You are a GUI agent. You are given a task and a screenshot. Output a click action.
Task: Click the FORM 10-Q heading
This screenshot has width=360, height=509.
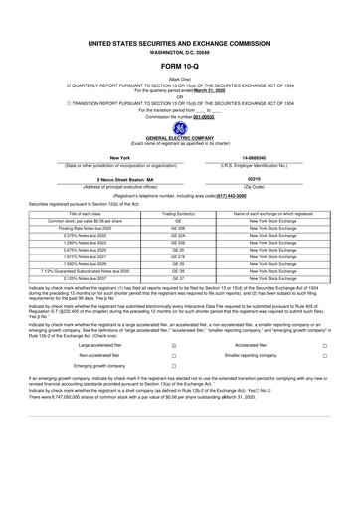tap(180, 67)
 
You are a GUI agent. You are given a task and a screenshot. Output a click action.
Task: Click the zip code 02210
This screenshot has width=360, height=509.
tap(252, 179)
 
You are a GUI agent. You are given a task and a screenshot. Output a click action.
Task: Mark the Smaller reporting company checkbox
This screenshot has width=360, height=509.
tap(324, 354)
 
